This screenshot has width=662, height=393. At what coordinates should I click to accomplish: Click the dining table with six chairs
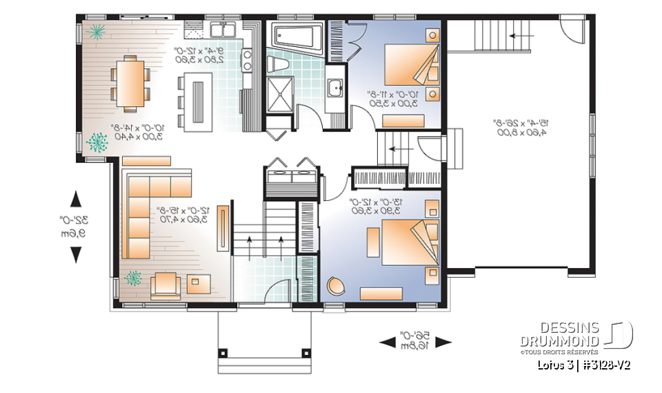130,82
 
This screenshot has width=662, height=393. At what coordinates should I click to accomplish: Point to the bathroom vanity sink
335,88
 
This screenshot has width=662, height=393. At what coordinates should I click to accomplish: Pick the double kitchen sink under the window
225,29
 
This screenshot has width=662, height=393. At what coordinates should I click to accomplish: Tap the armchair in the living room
167,284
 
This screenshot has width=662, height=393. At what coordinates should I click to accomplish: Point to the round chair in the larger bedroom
335,287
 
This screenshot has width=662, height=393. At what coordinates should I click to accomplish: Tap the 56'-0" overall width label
415,340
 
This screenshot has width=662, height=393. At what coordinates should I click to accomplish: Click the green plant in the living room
132,278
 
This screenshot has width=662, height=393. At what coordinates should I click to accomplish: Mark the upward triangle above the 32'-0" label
77,199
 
